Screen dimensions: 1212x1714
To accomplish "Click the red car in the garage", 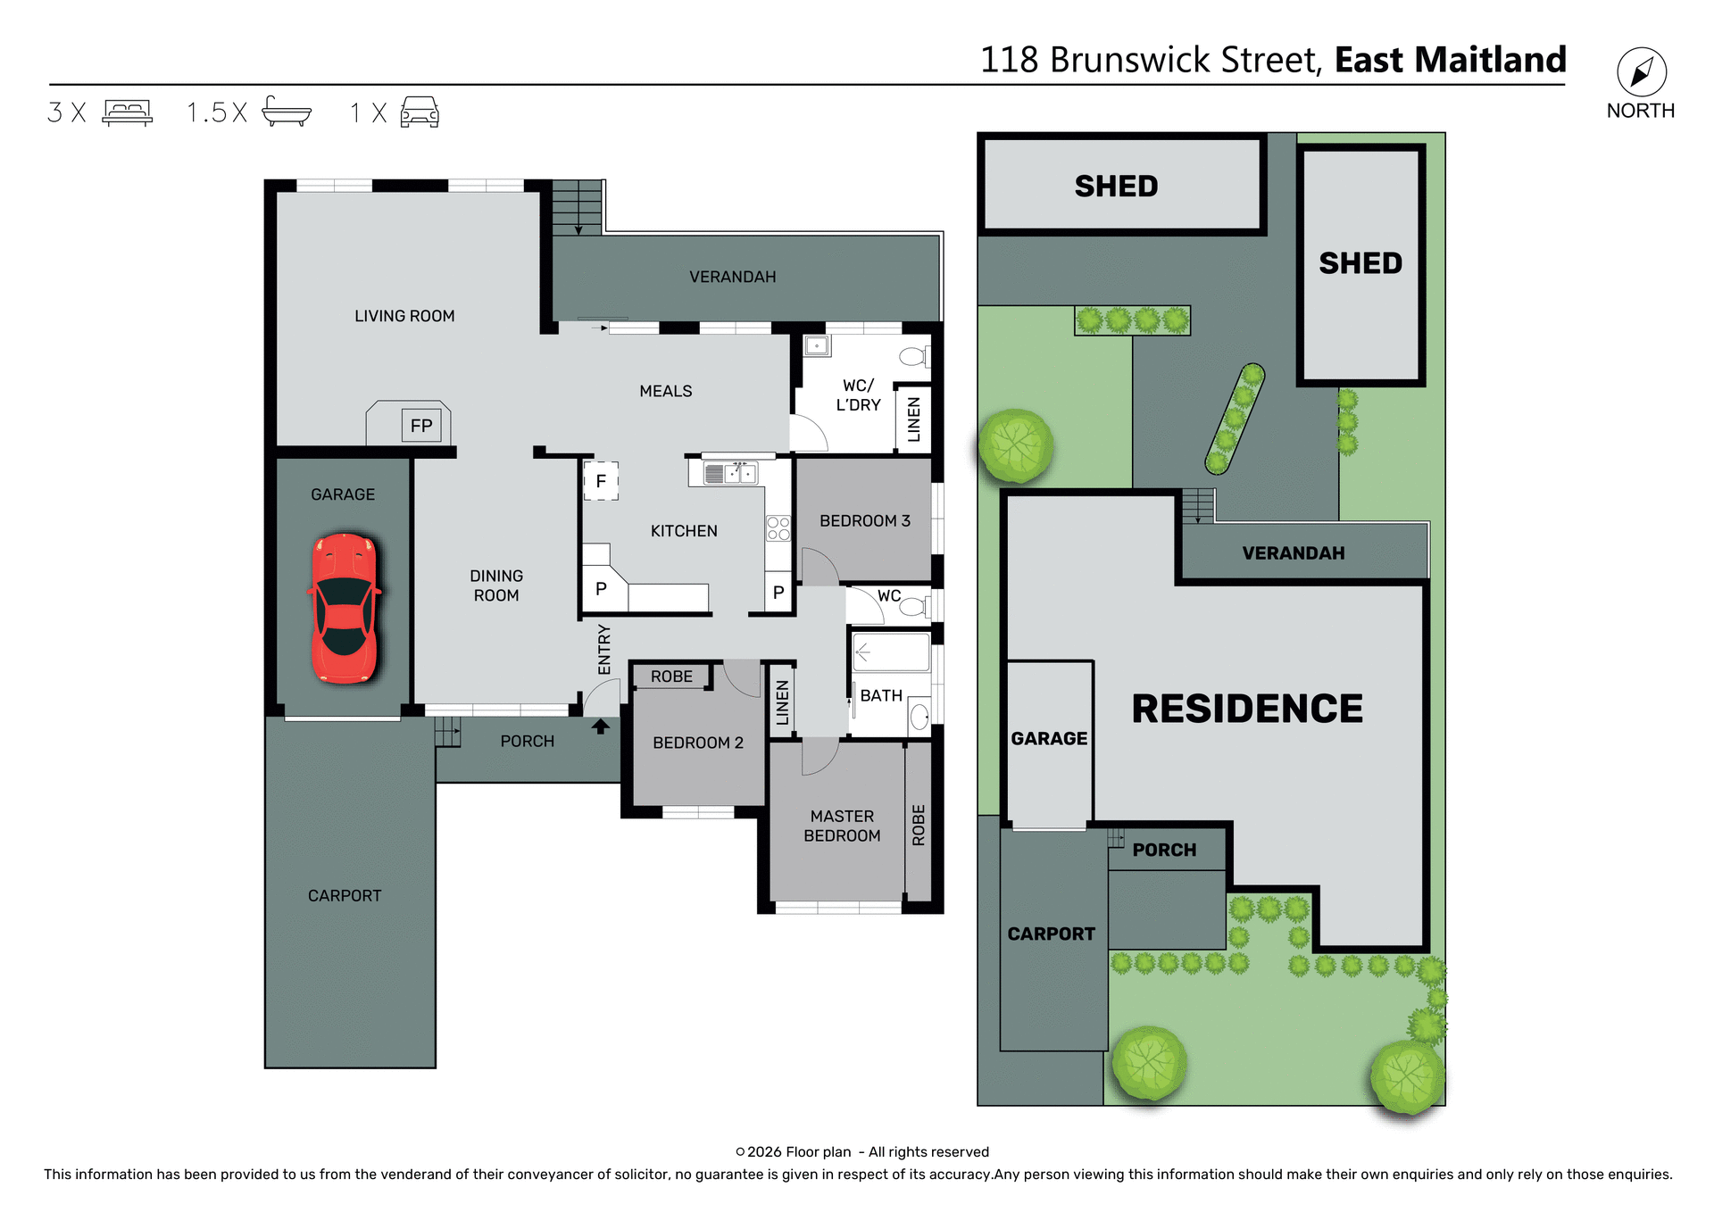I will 345,608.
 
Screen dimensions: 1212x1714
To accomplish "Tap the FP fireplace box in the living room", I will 421,426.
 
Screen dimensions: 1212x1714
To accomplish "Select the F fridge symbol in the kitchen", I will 601,481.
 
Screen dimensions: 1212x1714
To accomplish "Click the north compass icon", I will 1641,72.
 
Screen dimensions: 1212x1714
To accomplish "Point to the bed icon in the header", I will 128,112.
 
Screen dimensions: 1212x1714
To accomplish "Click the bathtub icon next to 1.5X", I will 287,112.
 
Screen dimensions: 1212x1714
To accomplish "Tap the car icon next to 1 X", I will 420,112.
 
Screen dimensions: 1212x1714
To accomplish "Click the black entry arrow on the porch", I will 601,726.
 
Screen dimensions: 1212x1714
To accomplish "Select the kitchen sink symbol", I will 731,474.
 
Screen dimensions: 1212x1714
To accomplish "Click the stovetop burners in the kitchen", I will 778,528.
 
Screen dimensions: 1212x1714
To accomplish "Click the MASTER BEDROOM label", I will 842,826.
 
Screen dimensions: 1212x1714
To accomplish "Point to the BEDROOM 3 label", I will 865,521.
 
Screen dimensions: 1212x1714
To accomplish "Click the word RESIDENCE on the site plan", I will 1247,710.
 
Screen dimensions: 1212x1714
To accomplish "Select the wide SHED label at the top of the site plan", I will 1116,187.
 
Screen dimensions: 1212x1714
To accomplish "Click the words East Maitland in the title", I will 1450,60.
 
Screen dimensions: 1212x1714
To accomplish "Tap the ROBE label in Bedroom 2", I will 671,677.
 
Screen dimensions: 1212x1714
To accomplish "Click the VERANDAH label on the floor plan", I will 732,278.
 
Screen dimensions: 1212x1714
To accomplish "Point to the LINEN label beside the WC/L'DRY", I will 913,419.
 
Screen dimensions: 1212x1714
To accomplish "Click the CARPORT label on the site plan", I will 1051,934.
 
